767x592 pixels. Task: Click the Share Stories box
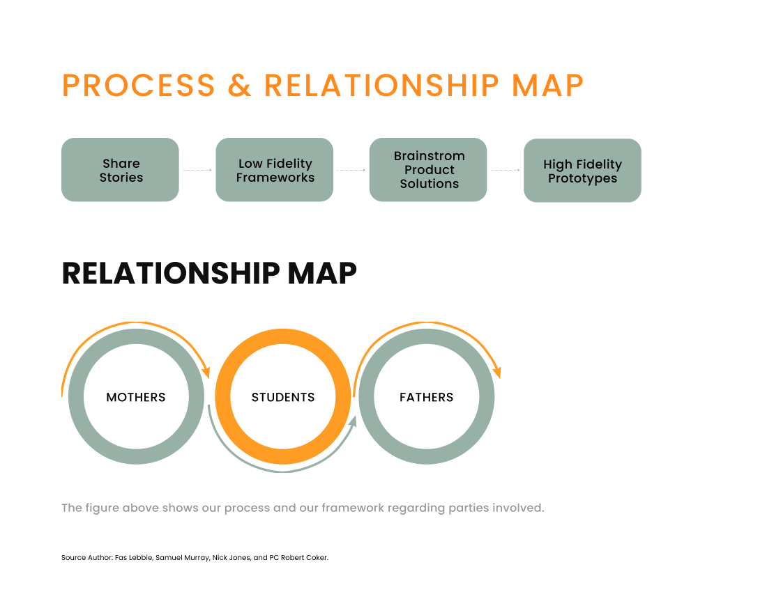pos(120,169)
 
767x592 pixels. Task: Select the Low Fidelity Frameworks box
pos(275,169)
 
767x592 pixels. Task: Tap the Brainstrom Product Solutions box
pos(428,169)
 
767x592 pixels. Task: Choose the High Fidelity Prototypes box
pos(583,171)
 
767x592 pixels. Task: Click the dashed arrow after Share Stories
pos(197,170)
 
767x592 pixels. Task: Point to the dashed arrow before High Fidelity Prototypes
pos(506,170)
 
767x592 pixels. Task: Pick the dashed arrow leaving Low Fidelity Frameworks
pos(351,170)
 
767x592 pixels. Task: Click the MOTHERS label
pos(136,397)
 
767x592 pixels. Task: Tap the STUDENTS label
pos(283,397)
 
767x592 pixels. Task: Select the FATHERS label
pos(427,397)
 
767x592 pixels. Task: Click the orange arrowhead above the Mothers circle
pos(206,372)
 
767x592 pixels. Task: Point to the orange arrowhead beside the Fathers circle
pos(497,372)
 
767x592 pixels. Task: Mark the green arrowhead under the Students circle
pos(352,422)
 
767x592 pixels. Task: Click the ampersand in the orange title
pos(240,86)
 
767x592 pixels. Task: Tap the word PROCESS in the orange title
pos(139,86)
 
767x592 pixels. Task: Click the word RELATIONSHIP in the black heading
pos(171,273)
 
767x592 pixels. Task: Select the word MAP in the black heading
pos(322,273)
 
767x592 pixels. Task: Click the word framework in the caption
pos(353,508)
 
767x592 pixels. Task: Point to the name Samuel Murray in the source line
pos(182,558)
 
